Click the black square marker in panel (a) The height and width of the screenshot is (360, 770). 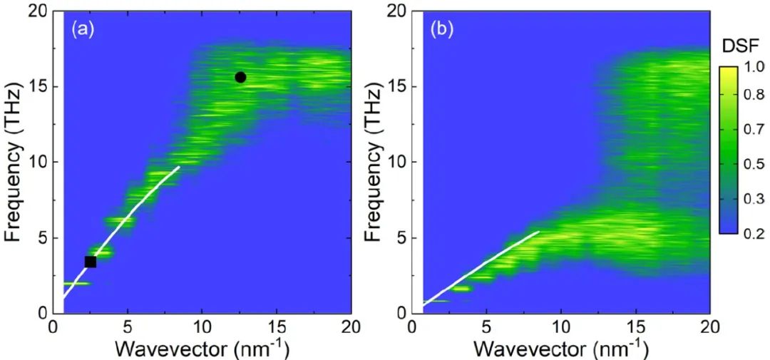[91, 262]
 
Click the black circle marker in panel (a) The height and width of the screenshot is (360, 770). [240, 77]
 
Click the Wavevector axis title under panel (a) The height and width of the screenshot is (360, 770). [201, 349]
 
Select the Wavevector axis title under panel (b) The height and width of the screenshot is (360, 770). [560, 349]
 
